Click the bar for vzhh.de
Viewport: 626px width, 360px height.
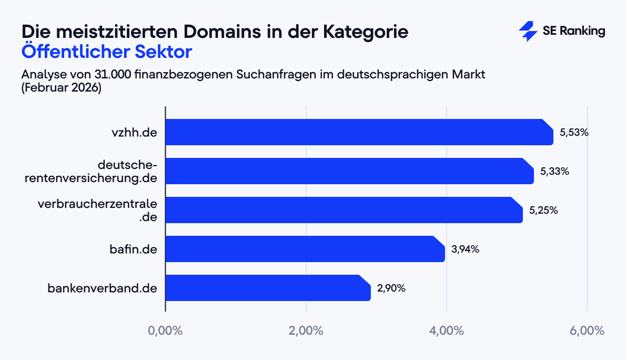359,132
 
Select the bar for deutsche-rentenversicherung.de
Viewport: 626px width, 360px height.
350,171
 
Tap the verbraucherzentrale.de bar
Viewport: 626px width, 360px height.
344,210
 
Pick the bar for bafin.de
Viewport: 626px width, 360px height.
305,249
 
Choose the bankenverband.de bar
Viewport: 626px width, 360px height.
268,288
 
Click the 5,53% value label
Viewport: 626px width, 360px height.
574,133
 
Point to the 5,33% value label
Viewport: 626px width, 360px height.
554,172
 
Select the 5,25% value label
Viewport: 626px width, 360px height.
543,211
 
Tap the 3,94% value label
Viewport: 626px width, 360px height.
465,249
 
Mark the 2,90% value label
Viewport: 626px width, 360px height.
391,288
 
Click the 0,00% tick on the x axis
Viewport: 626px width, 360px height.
165,331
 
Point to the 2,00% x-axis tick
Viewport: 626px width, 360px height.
306,331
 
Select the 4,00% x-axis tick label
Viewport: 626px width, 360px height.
446,331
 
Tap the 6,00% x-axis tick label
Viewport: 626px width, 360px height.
587,331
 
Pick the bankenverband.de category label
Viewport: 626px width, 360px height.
103,288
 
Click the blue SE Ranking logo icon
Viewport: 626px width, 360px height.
528,32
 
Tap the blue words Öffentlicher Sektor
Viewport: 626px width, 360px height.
107,53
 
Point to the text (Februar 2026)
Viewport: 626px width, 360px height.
61,88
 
